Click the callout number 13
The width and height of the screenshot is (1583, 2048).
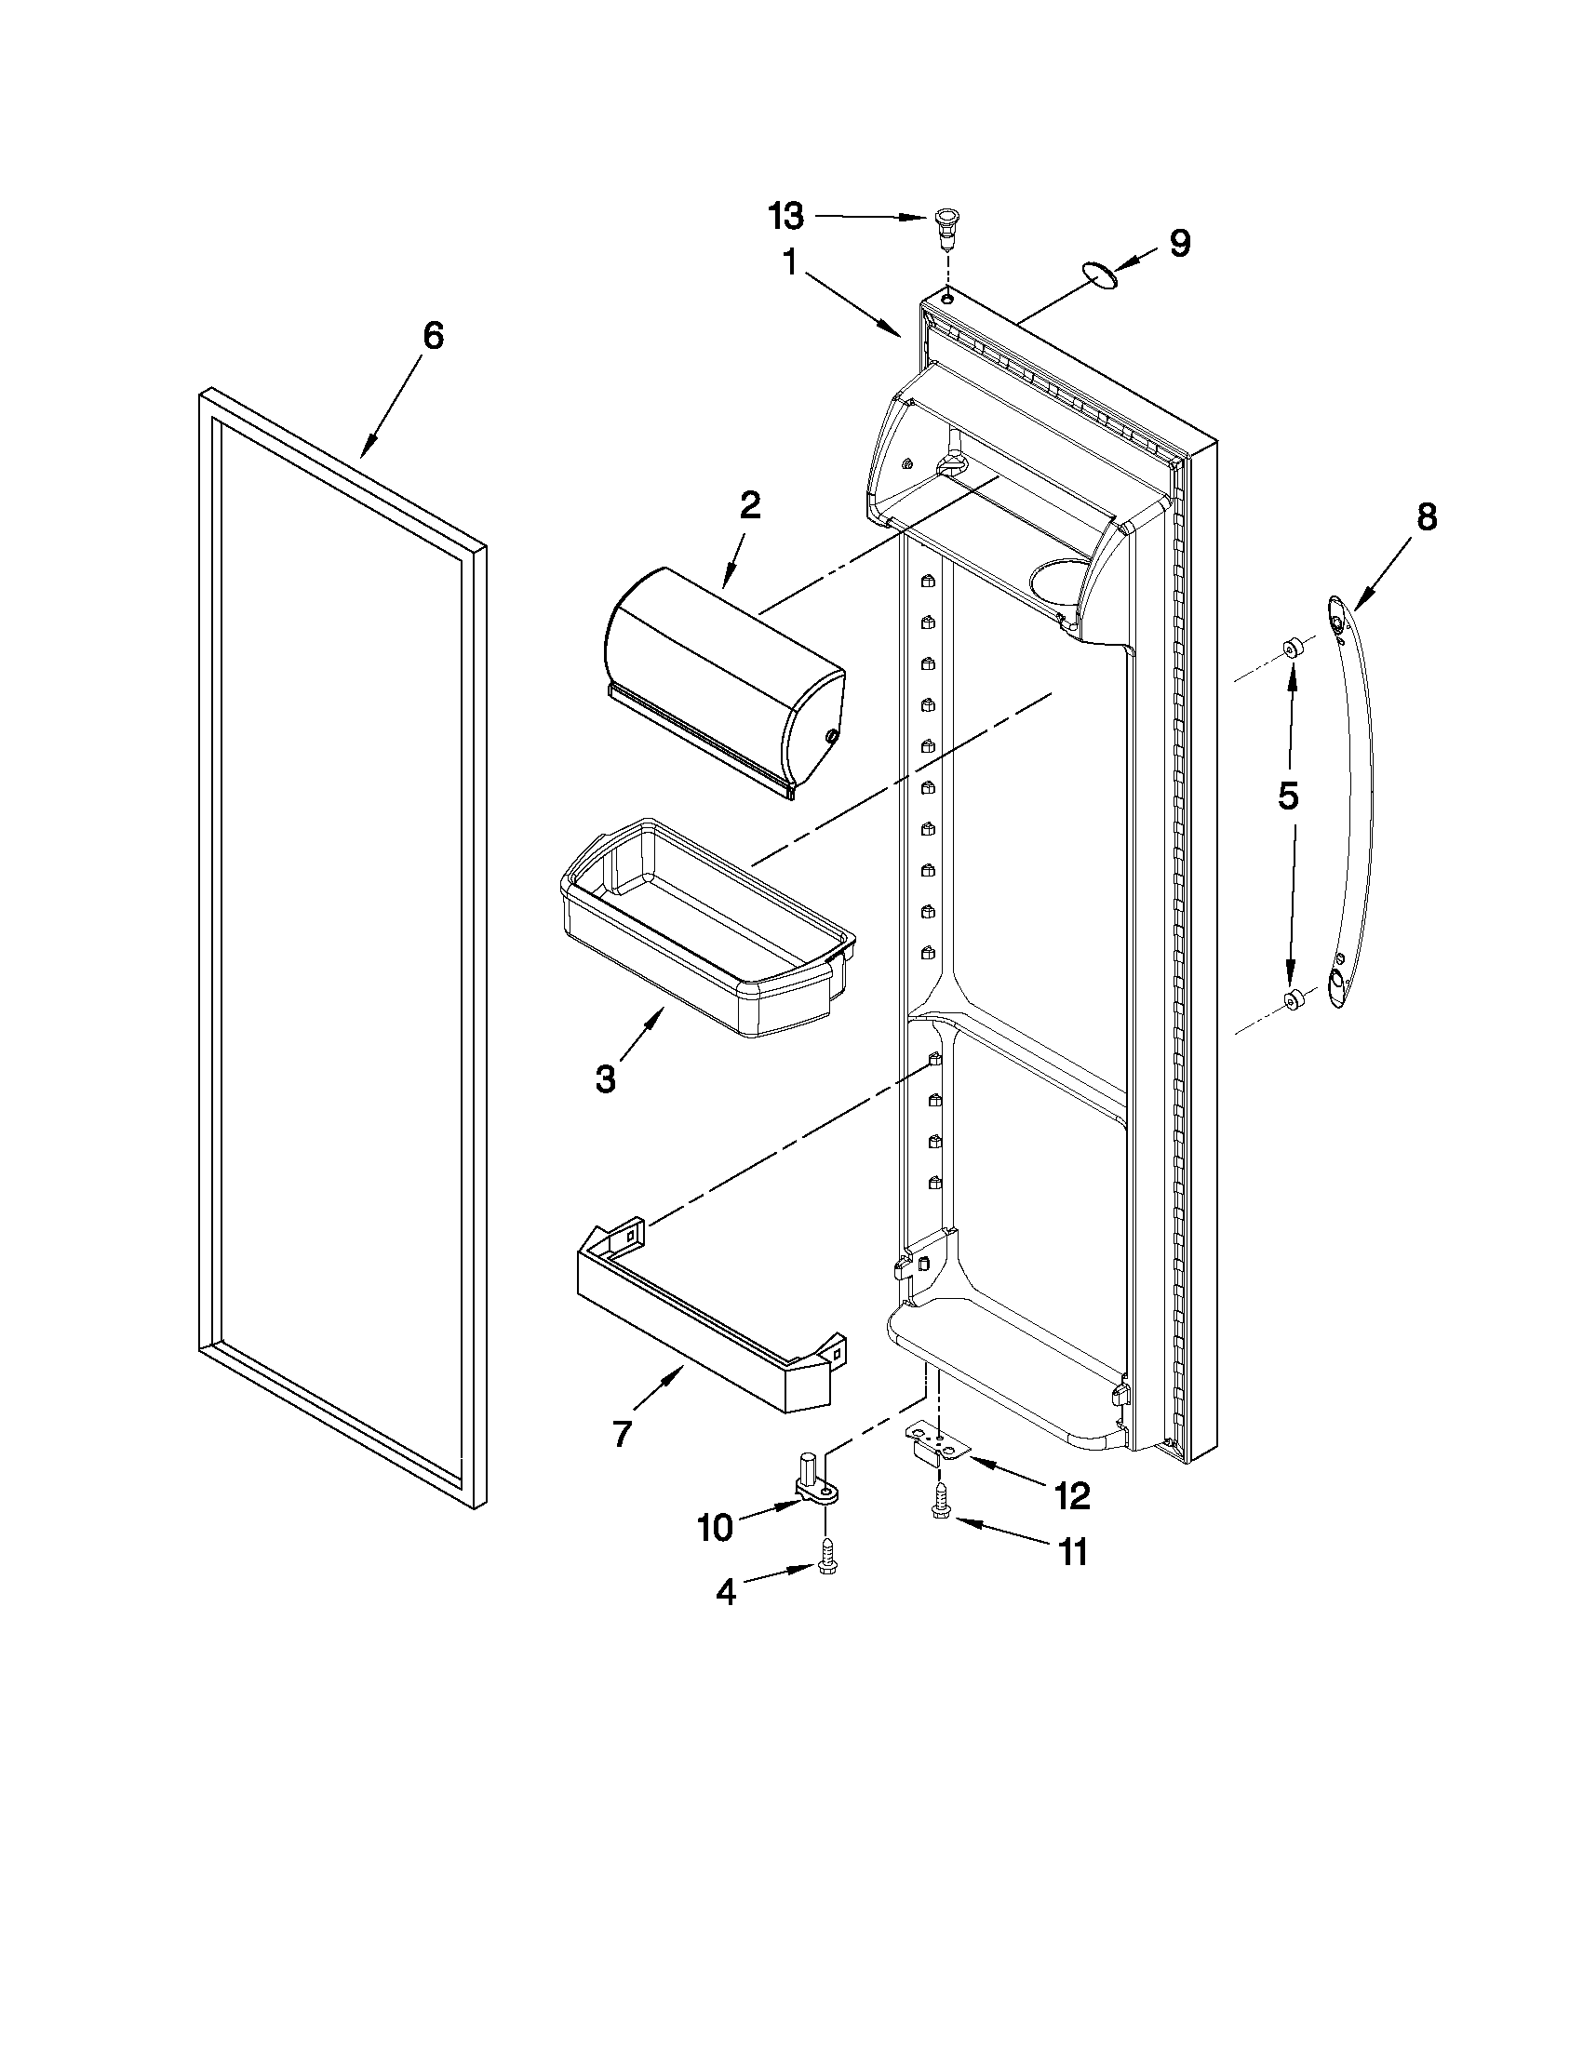(785, 217)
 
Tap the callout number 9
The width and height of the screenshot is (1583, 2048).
(1180, 244)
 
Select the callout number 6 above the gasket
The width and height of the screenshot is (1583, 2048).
(432, 337)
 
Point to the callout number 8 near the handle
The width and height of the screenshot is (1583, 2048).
(1426, 516)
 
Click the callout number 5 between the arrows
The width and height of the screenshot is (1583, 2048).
(1289, 796)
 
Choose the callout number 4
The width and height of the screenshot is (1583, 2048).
(726, 1592)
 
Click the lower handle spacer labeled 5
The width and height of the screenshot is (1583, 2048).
(1293, 999)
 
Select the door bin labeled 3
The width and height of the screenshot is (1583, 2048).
(705, 929)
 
